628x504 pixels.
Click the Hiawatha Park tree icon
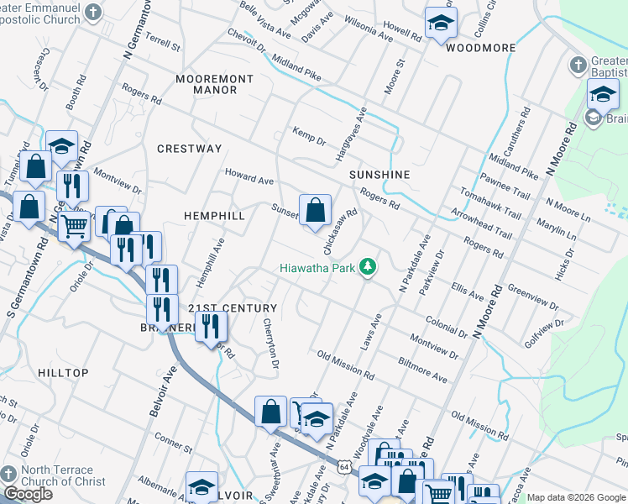pos(367,267)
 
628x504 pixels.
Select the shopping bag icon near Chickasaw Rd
pos(315,211)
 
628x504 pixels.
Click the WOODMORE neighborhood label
pos(481,48)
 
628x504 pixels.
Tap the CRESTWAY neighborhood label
pos(190,149)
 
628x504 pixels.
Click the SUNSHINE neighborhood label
pos(380,175)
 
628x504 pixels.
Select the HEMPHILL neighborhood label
pos(214,216)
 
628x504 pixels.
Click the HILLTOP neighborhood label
pos(63,372)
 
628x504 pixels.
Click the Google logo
pos(28,494)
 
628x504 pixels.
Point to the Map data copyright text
pos(576,497)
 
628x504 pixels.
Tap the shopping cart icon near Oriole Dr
pos(74,225)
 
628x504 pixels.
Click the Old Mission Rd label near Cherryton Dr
pos(346,363)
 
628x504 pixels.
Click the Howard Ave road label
pos(249,176)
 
